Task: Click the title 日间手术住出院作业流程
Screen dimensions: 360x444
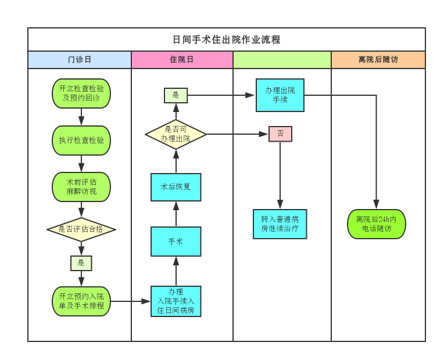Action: pos(227,39)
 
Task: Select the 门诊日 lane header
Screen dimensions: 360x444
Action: pos(80,60)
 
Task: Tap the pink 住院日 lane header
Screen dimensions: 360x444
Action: pos(182,60)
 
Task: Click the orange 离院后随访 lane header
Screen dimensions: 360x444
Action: pos(378,60)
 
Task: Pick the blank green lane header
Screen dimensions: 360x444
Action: pos(282,60)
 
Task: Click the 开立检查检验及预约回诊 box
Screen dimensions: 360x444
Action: pos(81,93)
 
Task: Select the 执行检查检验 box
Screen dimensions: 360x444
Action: pos(81,141)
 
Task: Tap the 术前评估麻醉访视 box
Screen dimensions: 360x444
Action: pos(81,187)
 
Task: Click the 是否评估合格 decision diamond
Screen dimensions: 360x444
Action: pos(81,229)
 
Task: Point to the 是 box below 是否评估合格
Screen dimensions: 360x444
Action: pos(81,263)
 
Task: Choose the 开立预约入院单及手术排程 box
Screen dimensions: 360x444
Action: pos(81,301)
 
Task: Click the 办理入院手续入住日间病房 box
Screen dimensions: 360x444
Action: pos(176,301)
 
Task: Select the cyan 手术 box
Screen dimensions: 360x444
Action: pos(176,242)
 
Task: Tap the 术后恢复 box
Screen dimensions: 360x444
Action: pos(176,187)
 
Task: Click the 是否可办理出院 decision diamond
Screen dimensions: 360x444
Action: pos(176,134)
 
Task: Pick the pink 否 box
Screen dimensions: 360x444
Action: pos(280,134)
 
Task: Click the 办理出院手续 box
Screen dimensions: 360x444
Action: pos(280,95)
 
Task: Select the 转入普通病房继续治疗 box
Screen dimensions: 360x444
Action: pos(280,224)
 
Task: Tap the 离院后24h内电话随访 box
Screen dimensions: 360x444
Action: pos(377,224)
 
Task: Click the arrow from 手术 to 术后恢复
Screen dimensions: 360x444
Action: pos(176,214)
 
